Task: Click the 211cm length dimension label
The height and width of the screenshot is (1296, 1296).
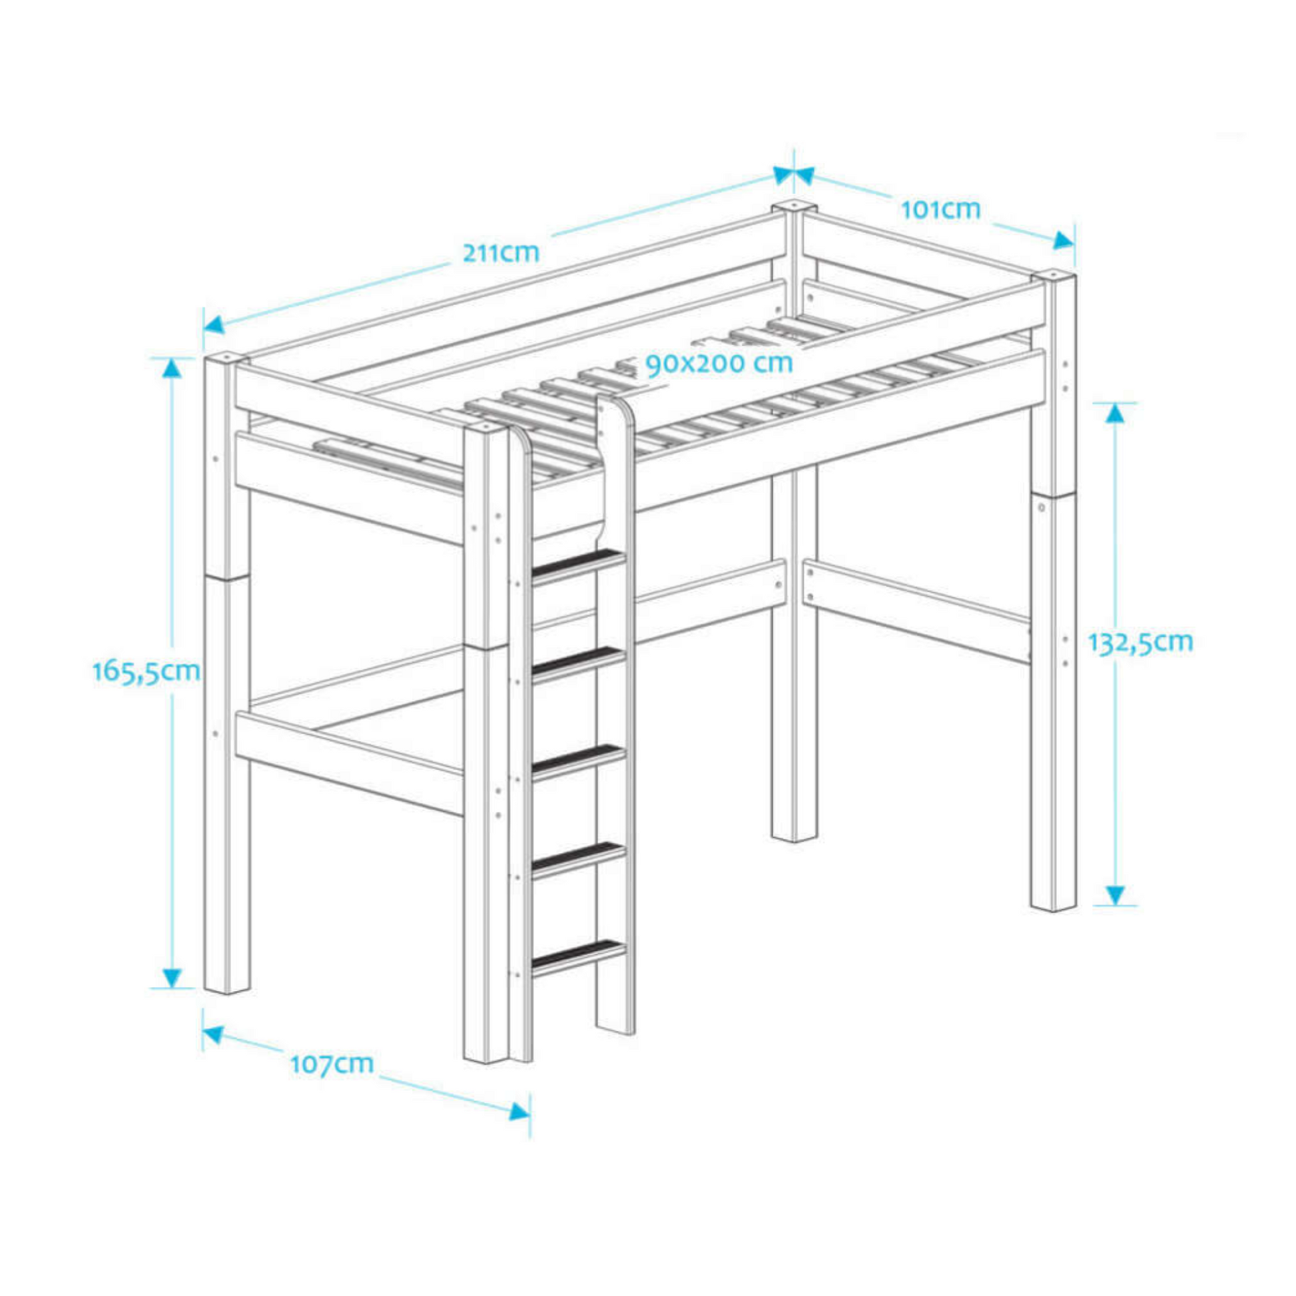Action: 501,252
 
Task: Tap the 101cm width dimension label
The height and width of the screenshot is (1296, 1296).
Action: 940,209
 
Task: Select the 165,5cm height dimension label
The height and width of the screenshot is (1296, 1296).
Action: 147,671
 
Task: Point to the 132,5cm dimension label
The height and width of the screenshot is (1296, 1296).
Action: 1140,642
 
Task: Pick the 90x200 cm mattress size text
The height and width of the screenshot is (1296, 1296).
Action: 719,363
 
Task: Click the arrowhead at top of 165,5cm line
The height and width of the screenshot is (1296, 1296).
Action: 172,367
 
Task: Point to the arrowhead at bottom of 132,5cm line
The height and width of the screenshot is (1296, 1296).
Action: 1114,894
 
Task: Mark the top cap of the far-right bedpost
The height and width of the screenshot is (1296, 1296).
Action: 1054,276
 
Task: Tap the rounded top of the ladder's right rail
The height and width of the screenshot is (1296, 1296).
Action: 615,405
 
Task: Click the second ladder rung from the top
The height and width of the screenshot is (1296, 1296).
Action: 577,660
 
